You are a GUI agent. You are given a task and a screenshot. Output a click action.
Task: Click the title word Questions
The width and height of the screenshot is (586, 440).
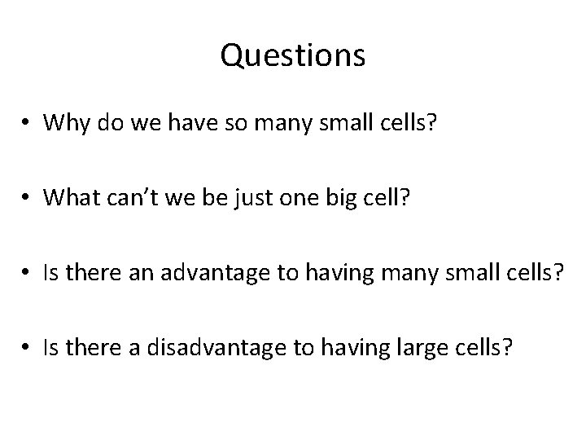[293, 56]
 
